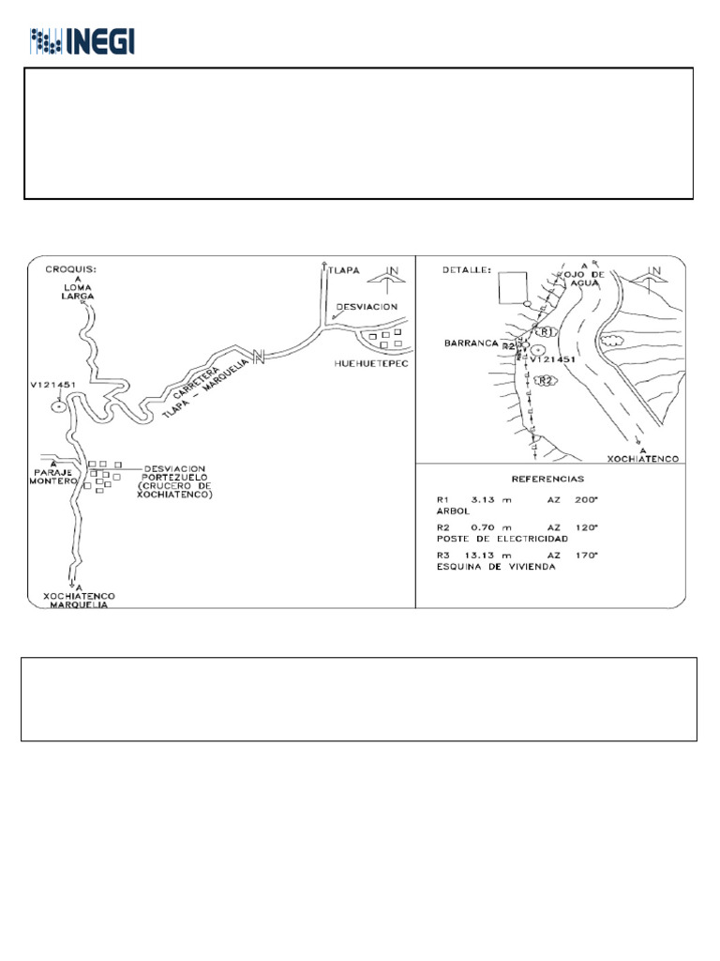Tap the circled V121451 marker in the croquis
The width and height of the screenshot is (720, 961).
tap(59, 405)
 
